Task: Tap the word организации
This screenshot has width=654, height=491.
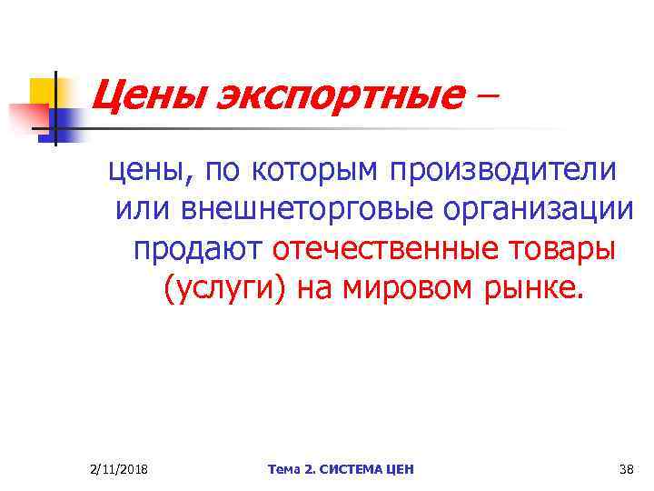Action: pyautogui.click(x=539, y=209)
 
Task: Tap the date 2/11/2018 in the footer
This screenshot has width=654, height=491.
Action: pyautogui.click(x=120, y=469)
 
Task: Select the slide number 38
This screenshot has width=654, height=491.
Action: pyautogui.click(x=625, y=469)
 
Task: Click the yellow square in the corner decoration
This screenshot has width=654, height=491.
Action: pyautogui.click(x=43, y=91)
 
